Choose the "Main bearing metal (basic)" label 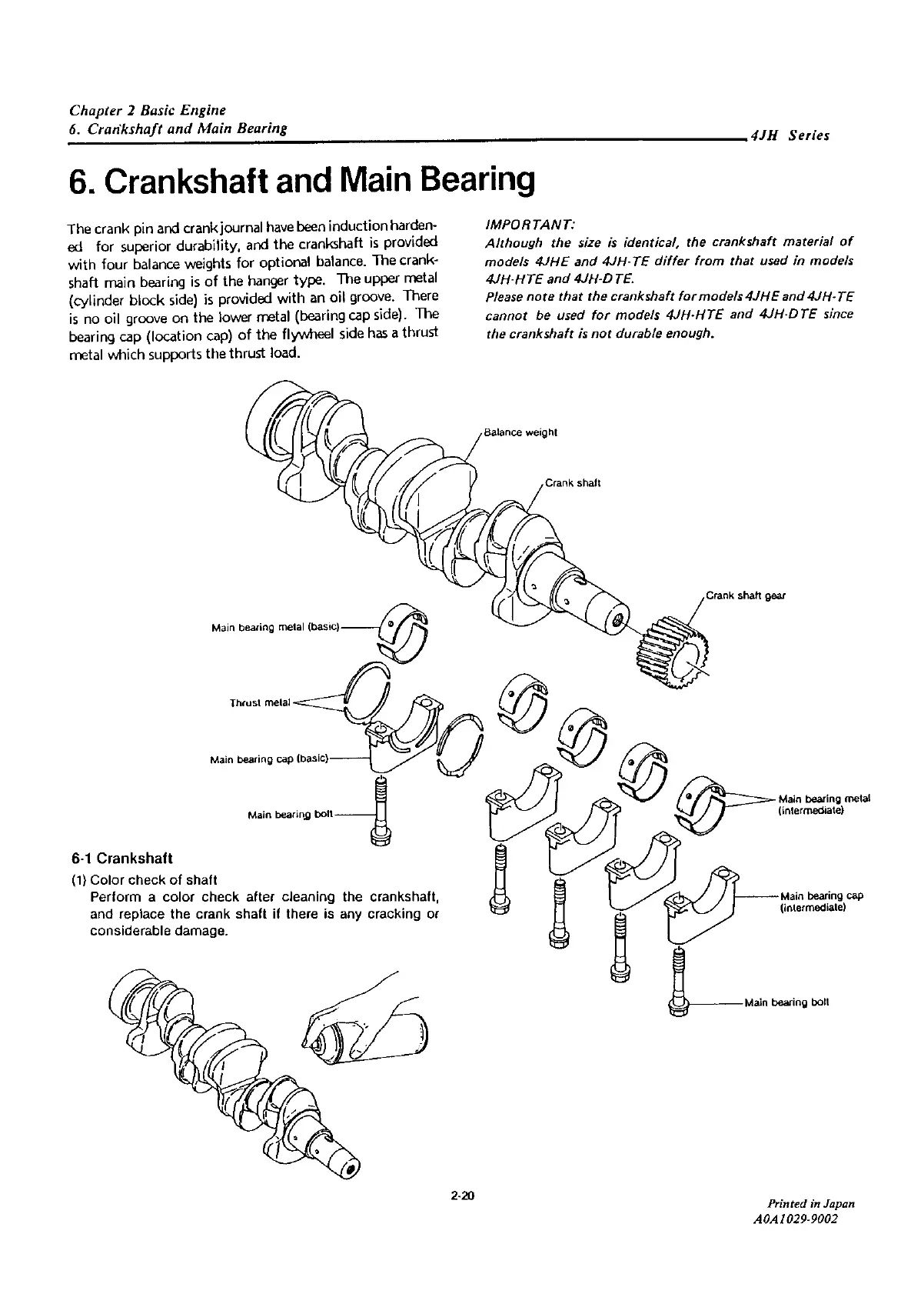pyautogui.click(x=274, y=628)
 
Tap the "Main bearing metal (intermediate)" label pyautogui.click(x=823, y=805)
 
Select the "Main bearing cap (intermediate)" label pyautogui.click(x=821, y=901)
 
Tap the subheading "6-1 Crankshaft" pyautogui.click(x=121, y=858)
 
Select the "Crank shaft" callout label pyautogui.click(x=571, y=483)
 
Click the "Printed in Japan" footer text pyautogui.click(x=811, y=1225)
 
